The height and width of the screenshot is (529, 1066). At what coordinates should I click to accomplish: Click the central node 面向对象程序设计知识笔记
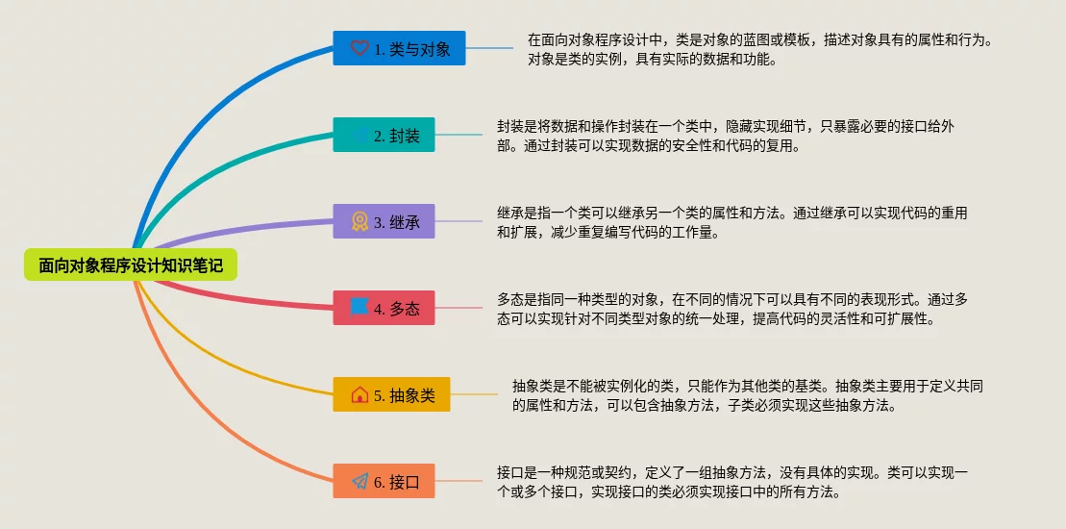(x=131, y=264)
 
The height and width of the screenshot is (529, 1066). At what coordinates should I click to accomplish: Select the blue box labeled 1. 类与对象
(x=399, y=48)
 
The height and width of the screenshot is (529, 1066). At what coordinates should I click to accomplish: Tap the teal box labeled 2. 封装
(x=384, y=135)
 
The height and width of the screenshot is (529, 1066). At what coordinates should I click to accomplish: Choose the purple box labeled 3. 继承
(x=384, y=221)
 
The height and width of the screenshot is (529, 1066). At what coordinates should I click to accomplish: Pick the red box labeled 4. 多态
(x=384, y=308)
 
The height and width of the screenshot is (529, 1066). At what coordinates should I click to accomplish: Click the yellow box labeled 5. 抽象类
(x=391, y=394)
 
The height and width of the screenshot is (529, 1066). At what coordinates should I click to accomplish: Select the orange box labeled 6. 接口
(x=384, y=481)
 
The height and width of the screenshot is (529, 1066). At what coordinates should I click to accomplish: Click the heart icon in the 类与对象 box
(x=359, y=48)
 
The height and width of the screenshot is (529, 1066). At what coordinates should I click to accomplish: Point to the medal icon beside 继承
(x=359, y=221)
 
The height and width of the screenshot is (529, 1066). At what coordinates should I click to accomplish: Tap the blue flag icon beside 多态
(x=359, y=308)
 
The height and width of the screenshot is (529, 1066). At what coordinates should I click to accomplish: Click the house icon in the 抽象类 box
(x=359, y=394)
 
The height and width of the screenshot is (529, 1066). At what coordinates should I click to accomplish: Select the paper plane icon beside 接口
(x=359, y=481)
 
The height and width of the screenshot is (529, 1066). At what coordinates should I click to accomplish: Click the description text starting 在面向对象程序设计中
(x=760, y=50)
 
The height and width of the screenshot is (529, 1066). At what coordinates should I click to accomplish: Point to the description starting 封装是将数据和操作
(x=726, y=136)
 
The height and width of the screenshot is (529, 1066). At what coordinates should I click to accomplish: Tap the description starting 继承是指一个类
(x=732, y=222)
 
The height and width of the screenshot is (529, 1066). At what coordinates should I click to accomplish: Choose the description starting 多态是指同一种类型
(x=732, y=309)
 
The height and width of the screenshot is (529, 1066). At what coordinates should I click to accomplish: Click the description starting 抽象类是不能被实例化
(x=748, y=395)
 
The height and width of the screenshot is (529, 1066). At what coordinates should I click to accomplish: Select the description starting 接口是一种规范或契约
(x=732, y=482)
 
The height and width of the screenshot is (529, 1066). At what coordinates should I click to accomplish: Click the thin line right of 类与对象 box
(x=489, y=48)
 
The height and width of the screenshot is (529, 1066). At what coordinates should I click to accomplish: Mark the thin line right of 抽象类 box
(x=474, y=394)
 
